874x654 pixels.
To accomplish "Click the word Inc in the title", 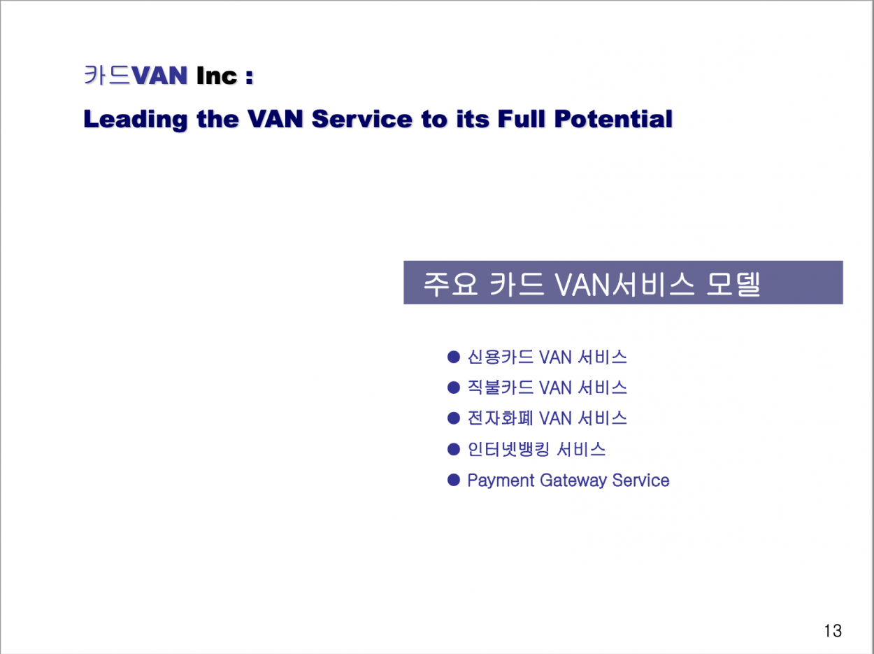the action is [x=217, y=76].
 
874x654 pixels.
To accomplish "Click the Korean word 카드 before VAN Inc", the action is [x=107, y=75].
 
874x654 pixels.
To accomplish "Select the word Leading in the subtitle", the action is [x=136, y=120].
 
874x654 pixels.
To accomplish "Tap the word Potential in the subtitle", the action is [x=613, y=119].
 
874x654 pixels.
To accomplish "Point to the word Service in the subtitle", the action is [x=361, y=119].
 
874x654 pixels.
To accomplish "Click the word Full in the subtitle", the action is [x=521, y=119].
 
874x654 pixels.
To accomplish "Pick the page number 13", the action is [x=833, y=631].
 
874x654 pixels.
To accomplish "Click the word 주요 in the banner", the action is [x=450, y=284].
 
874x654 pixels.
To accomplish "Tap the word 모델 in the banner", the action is [x=733, y=284].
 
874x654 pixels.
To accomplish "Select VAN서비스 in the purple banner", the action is [x=625, y=284].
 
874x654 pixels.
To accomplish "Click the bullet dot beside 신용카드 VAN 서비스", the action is [x=454, y=357].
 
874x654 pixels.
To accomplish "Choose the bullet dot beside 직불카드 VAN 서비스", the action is [x=454, y=387].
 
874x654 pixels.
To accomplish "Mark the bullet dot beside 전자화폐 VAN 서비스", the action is [x=454, y=418].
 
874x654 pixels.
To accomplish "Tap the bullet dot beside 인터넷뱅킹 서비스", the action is [x=454, y=449].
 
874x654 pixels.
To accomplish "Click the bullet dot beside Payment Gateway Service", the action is [x=454, y=480].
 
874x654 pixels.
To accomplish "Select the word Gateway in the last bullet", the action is [x=573, y=481].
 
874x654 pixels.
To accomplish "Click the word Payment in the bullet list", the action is [x=501, y=481].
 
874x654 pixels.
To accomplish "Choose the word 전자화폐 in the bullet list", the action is [x=500, y=418].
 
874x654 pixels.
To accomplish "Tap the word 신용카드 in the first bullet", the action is [x=500, y=357].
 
